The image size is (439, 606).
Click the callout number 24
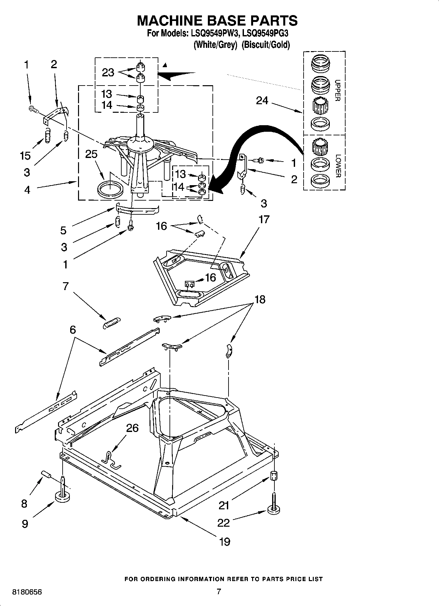pos(262,101)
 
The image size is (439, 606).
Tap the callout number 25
pos(91,154)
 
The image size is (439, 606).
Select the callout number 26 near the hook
pos(132,428)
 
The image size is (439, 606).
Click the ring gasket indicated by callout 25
pos(110,190)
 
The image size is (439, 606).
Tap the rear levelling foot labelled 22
pos(274,509)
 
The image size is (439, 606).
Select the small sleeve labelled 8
pos(47,475)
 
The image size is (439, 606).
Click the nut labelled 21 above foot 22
pos(273,475)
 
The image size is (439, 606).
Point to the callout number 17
pos(264,219)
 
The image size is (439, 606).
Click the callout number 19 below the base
pos(225,542)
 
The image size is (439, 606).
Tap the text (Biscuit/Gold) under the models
pos(266,45)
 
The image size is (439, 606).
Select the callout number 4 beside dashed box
pos(27,189)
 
